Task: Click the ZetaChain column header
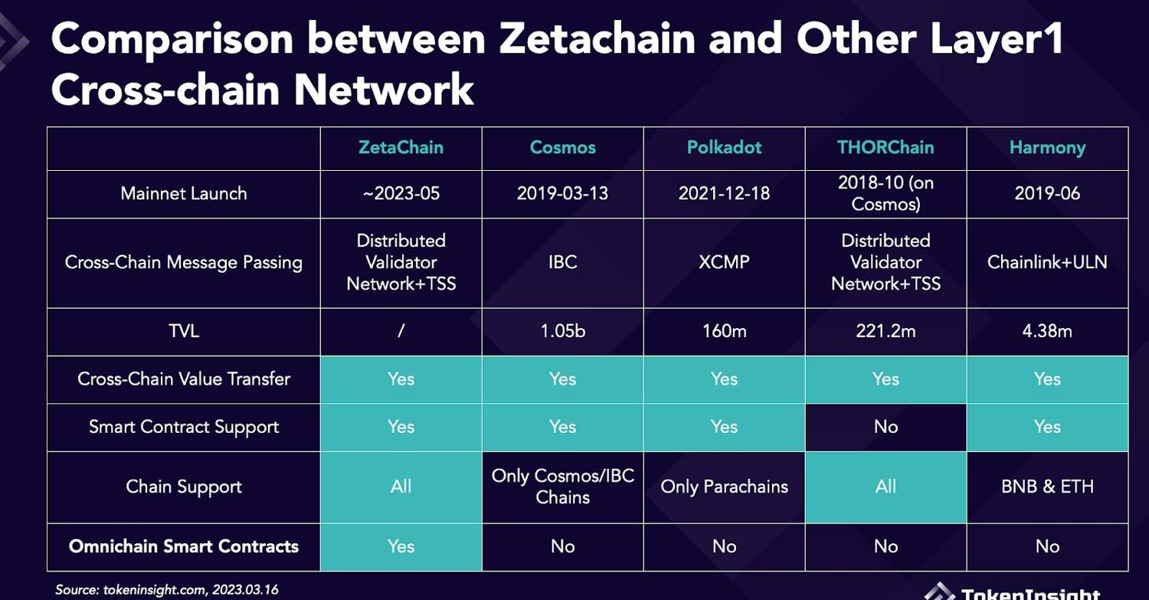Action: pos(401,148)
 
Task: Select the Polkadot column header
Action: pos(724,148)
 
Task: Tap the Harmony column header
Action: pos(1047,149)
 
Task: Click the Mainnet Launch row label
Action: pos(184,194)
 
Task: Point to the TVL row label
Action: pos(184,331)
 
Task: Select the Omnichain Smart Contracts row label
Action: pos(184,546)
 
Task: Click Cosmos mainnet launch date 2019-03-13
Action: pos(562,194)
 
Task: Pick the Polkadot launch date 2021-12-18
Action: pos(724,194)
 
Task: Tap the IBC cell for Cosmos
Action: pos(563,262)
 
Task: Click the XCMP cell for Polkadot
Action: pos(724,262)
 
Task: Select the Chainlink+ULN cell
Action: pos(1047,262)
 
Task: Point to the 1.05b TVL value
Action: pos(563,331)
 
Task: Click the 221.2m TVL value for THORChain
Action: pos(885,331)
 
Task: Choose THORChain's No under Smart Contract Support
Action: pos(885,427)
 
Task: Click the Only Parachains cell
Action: pos(724,487)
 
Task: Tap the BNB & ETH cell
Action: pos(1047,487)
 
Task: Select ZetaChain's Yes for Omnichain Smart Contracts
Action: pos(401,546)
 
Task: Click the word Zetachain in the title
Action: pos(597,39)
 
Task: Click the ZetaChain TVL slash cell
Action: pos(401,331)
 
